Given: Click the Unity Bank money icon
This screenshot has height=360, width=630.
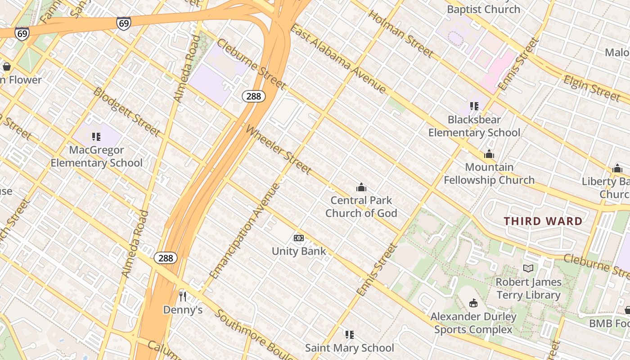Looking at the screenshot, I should [299, 238].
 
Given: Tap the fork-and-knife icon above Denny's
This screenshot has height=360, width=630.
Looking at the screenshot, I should [183, 296].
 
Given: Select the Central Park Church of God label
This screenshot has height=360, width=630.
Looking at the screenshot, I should [361, 207].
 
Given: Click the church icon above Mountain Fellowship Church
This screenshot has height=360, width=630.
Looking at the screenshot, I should [489, 154].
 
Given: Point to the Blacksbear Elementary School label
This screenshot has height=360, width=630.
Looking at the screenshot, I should [474, 126].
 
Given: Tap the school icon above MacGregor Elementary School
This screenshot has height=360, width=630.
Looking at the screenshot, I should [96, 136].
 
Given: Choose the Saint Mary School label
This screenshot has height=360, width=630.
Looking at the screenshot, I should [349, 348].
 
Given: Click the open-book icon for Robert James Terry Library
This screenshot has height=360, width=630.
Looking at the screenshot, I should [528, 269].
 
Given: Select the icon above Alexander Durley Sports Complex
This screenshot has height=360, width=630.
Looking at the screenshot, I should [473, 303].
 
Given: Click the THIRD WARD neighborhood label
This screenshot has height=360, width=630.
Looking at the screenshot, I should [543, 221].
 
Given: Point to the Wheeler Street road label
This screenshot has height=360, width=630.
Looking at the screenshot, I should [279, 150].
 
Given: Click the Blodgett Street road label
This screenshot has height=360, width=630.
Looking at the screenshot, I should [126, 112].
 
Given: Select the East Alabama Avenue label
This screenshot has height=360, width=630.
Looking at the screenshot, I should [337, 59].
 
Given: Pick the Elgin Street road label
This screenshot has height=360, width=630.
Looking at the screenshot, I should [592, 88].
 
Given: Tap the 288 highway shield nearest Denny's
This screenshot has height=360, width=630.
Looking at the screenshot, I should [166, 258].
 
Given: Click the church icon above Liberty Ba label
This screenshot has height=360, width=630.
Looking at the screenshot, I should [617, 169].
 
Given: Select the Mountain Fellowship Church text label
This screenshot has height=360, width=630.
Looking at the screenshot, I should [489, 174].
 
